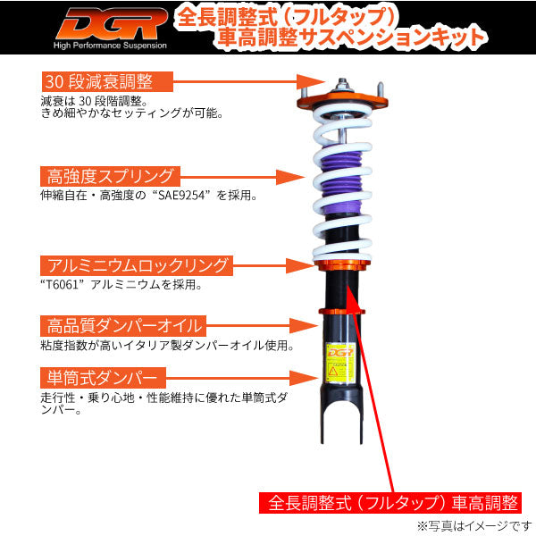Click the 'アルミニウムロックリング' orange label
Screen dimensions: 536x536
pos(135,266)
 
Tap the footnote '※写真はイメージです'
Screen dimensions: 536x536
pos(473,525)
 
